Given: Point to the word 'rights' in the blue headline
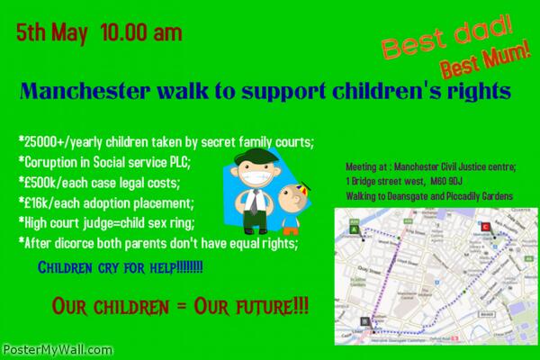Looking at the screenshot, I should pyautogui.click(x=480, y=92).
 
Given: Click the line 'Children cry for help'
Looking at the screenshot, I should pyautogui.click(x=119, y=266).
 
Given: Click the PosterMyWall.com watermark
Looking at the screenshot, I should pyautogui.click(x=43, y=347).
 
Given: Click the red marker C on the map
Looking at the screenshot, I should pyautogui.click(x=488, y=227).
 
